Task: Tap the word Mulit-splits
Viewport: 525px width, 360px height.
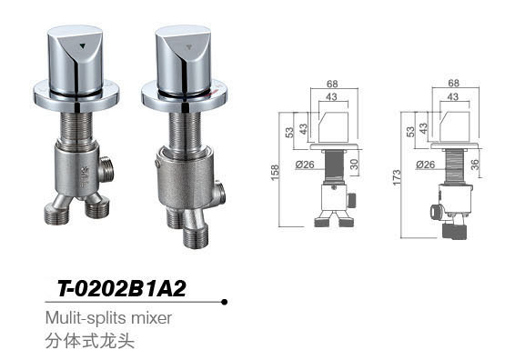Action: point(82,318)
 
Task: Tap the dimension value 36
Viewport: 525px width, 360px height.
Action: point(476,165)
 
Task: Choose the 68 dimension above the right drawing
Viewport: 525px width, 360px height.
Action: point(451,84)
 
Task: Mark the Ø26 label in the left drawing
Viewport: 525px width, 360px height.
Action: point(304,165)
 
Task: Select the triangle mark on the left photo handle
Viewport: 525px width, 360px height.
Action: point(84,43)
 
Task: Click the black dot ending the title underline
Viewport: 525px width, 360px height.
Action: point(224,302)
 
